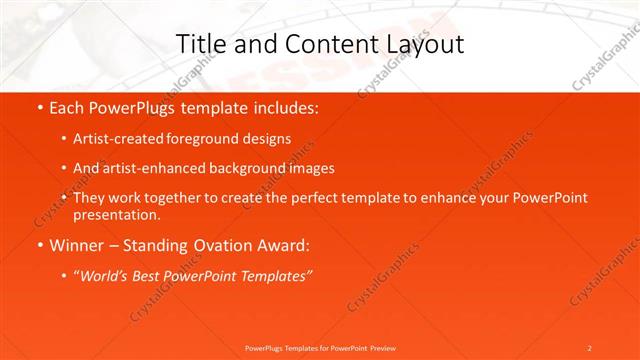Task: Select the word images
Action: pyautogui.click(x=311, y=168)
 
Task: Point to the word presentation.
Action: pyautogui.click(x=116, y=215)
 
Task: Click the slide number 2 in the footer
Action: pyautogui.click(x=590, y=347)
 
